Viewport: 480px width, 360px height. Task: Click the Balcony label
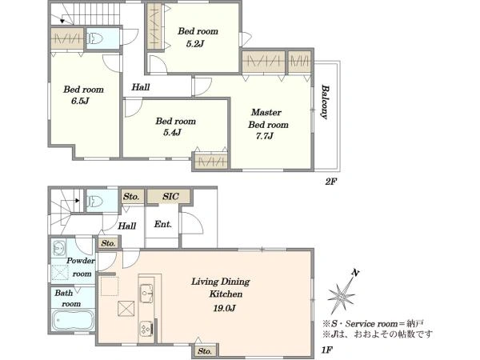[325, 102]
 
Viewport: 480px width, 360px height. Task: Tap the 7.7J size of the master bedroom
[265, 136]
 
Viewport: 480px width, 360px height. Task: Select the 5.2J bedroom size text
[194, 44]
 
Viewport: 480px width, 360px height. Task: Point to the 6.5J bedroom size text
[80, 101]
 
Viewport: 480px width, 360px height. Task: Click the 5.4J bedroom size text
[172, 133]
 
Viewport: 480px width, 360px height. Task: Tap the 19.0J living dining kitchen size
[224, 308]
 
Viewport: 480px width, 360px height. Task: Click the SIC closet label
[170, 196]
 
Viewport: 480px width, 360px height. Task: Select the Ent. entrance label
[163, 224]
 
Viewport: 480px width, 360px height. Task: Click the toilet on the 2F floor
[95, 38]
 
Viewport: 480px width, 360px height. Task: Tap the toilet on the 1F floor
[95, 201]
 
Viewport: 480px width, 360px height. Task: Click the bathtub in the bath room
[73, 320]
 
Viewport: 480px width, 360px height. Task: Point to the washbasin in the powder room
[58, 248]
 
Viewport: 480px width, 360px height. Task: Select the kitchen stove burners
[146, 328]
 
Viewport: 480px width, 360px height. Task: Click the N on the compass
[355, 273]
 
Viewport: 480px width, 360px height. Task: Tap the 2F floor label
[330, 182]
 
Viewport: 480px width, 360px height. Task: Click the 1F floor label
[327, 350]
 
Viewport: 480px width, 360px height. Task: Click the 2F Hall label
[141, 87]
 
